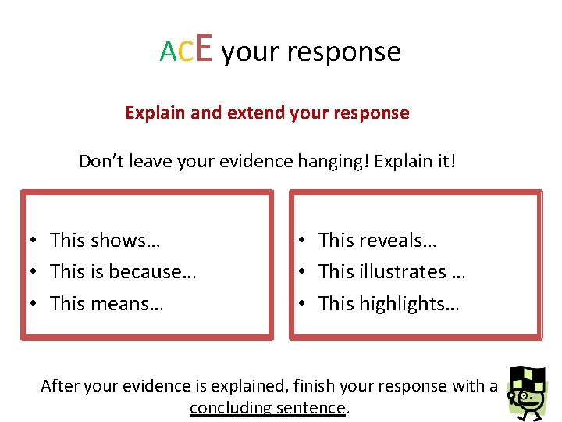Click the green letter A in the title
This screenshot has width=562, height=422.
[169, 52]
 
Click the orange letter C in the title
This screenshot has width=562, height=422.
[186, 52]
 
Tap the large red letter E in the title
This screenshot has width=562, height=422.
[204, 48]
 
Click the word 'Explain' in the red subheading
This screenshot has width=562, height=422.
[155, 113]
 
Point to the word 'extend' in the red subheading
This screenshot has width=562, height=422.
[256, 113]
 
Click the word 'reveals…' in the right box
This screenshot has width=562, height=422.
[398, 240]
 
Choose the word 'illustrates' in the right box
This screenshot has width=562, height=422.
[403, 272]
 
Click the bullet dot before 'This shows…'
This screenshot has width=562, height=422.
[36, 241]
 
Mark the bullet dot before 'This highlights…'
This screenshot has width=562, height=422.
[305, 304]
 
